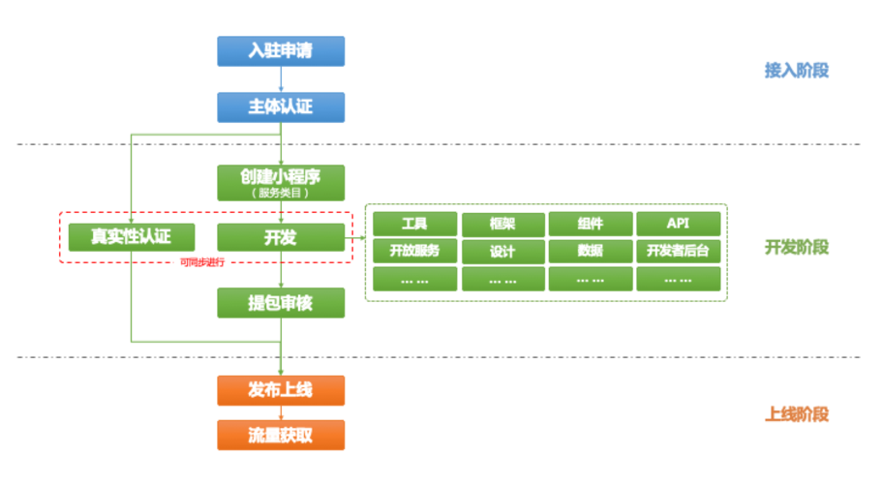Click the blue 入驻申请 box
[281, 50]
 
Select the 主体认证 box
[281, 106]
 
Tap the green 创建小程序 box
[281, 182]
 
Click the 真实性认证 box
[131, 237]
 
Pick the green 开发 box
[281, 237]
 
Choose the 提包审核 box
[281, 303]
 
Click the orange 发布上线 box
[281, 390]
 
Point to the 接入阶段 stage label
[796, 71]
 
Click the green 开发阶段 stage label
[796, 248]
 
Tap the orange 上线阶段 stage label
[796, 414]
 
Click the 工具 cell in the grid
[414, 224]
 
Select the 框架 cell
[502, 224]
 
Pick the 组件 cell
[591, 224]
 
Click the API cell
[678, 224]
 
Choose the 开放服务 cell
[414, 251]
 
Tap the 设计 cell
[502, 251]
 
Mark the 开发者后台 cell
[678, 251]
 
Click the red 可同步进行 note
[202, 263]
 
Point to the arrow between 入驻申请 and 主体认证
[281, 78]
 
